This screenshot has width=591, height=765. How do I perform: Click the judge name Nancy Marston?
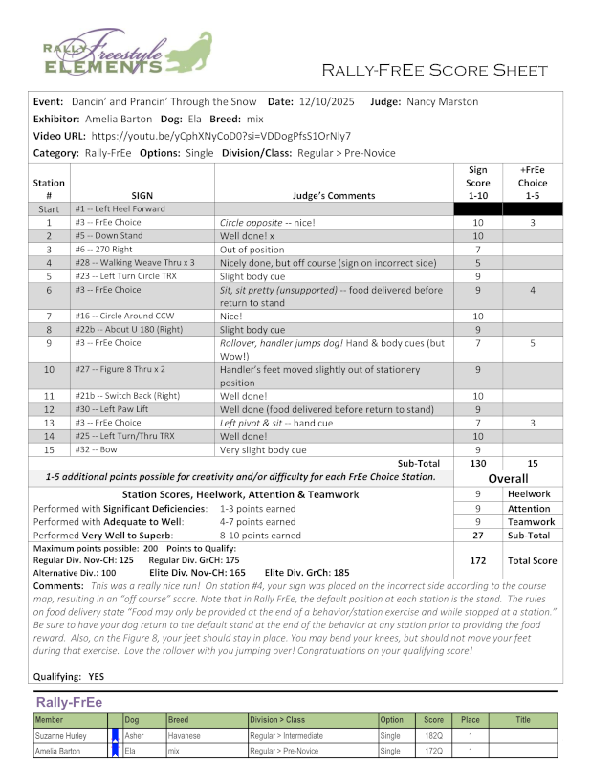tap(443, 101)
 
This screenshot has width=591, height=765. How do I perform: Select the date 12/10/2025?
tap(326, 101)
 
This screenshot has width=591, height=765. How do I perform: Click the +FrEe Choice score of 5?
tap(532, 342)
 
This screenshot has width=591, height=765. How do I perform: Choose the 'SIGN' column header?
tap(142, 192)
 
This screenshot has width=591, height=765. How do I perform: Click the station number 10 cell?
tap(49, 369)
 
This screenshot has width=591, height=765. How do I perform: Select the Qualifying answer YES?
tap(97, 674)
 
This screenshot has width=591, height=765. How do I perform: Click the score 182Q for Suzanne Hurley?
tap(434, 736)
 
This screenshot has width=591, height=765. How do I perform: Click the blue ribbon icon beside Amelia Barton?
tap(115, 752)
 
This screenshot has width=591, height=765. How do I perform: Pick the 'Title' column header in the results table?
tap(522, 720)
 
